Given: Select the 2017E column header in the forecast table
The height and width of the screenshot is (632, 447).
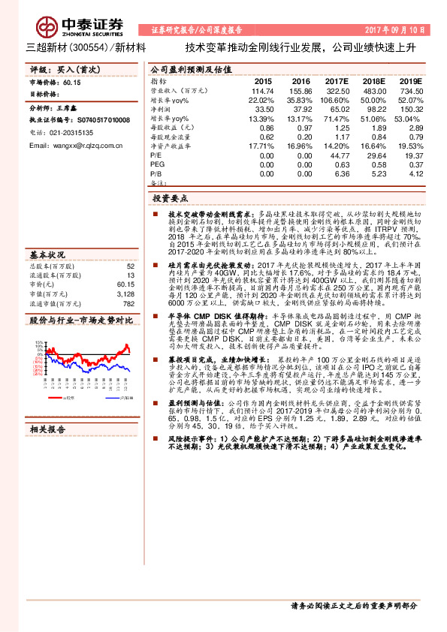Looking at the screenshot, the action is coord(337,80).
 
